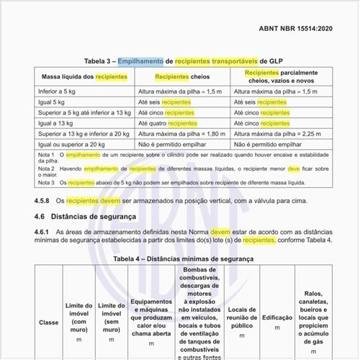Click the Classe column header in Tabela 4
(49, 322)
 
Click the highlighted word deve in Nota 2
(293, 168)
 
